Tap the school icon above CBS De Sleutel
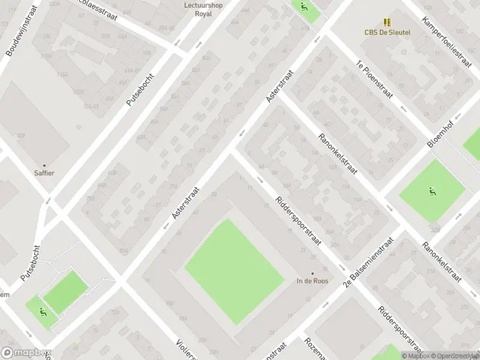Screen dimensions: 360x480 (x=387, y=22)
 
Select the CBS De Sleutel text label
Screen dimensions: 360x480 (x=387, y=32)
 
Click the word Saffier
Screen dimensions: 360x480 (x=44, y=173)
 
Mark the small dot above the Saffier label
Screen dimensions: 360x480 (x=44, y=164)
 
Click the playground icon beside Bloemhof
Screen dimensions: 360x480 (x=431, y=192)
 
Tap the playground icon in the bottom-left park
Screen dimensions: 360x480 (x=41, y=311)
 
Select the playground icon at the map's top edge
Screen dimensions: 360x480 (x=303, y=7)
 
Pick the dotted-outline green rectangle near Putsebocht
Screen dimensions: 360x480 (x=65, y=292)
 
